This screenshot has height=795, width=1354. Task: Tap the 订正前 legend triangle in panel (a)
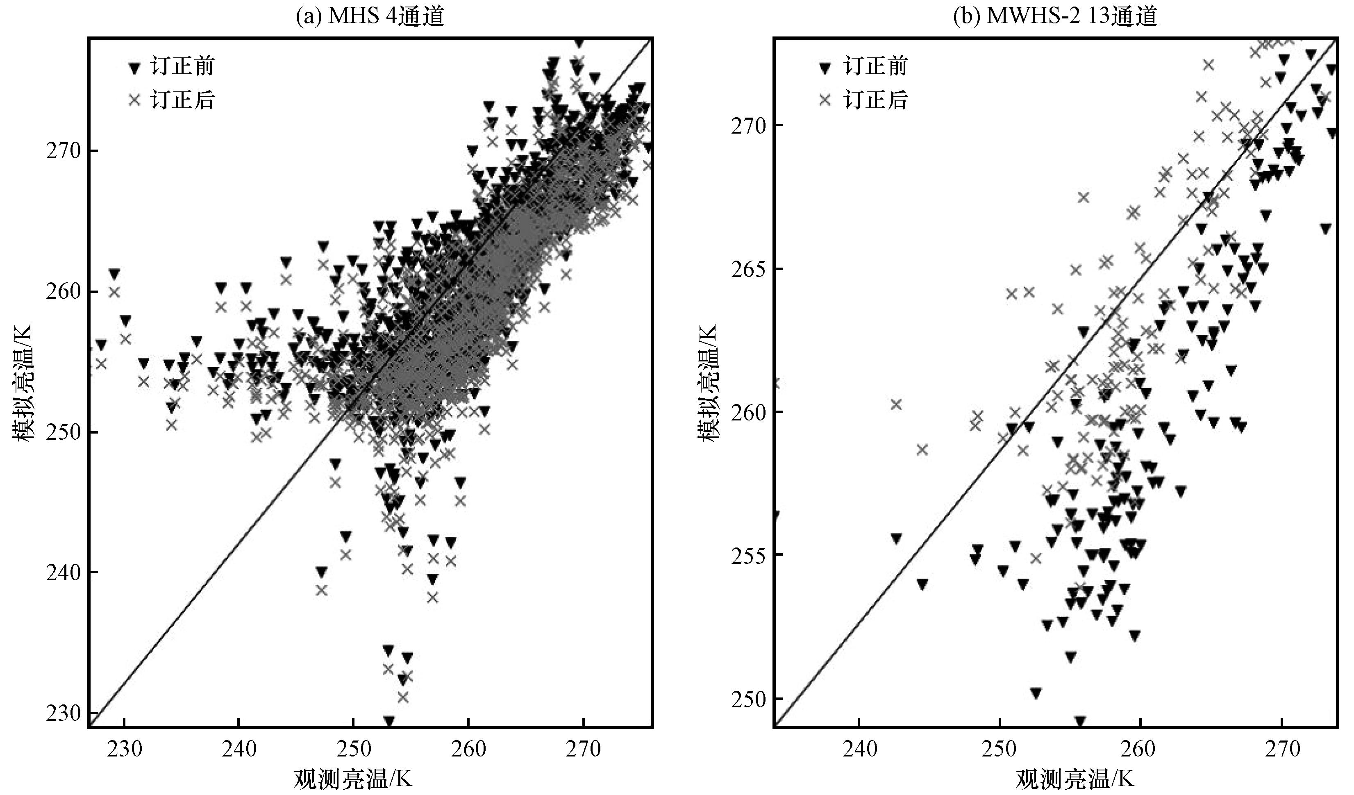click(x=134, y=68)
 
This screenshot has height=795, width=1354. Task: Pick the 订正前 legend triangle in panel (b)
click(x=824, y=68)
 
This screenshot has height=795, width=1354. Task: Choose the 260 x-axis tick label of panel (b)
click(x=1140, y=748)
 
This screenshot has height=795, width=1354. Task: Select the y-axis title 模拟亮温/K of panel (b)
click(x=708, y=382)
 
